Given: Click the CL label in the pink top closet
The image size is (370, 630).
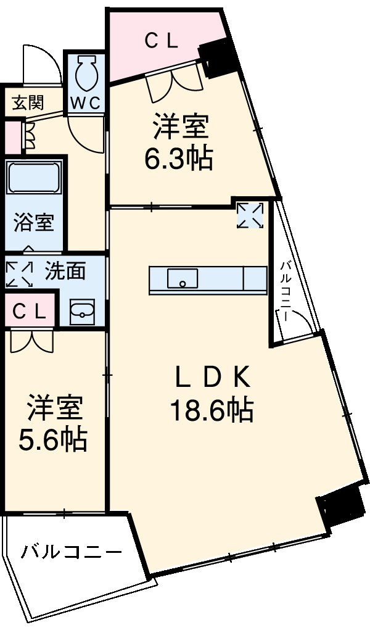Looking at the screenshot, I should pos(162,41).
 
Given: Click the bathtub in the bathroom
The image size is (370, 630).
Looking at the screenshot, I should pos(35,180).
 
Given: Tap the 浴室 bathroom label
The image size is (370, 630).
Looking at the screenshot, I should pos(34,223).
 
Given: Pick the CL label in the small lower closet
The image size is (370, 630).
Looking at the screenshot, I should pos(29,312).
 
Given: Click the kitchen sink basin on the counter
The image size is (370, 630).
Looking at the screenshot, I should pos(183,278).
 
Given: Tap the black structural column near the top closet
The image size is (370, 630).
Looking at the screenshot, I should pos(218,57).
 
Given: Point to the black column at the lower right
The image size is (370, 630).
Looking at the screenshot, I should pos(340,505).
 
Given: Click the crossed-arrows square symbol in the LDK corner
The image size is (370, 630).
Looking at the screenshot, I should pos(250,215).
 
